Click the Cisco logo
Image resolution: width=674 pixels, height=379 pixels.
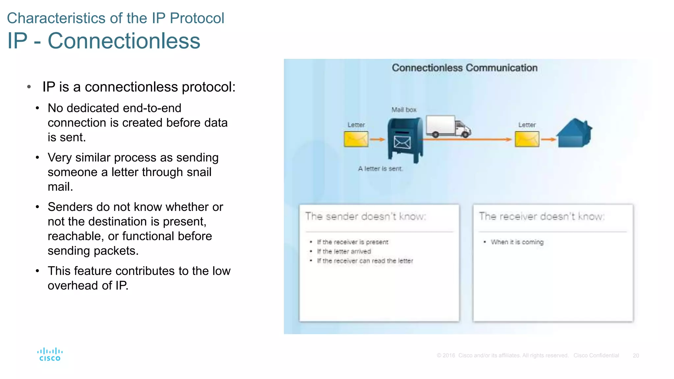(x=50, y=355)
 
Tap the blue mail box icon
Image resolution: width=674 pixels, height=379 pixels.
(x=405, y=140)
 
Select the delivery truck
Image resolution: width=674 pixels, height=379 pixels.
(x=448, y=127)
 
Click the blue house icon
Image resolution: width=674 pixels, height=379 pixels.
(x=574, y=133)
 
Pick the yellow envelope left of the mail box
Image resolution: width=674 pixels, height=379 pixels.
(x=356, y=139)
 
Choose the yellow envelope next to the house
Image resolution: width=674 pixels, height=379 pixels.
(x=527, y=139)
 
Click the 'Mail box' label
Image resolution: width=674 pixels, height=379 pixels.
(x=404, y=110)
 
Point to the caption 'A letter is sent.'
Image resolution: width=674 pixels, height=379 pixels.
(x=380, y=169)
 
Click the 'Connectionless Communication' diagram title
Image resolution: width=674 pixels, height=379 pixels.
(x=464, y=68)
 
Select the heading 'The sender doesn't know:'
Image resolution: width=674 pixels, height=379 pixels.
(x=365, y=216)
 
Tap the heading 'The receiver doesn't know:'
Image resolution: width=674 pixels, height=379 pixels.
(x=541, y=216)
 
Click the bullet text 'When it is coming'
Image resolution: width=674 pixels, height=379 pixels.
(x=517, y=242)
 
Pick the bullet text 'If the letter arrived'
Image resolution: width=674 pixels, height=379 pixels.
(x=344, y=252)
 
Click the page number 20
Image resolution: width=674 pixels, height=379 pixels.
(x=635, y=356)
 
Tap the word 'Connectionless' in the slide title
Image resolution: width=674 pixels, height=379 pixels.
(x=124, y=41)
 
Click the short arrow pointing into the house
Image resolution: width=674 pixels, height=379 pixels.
(x=548, y=139)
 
